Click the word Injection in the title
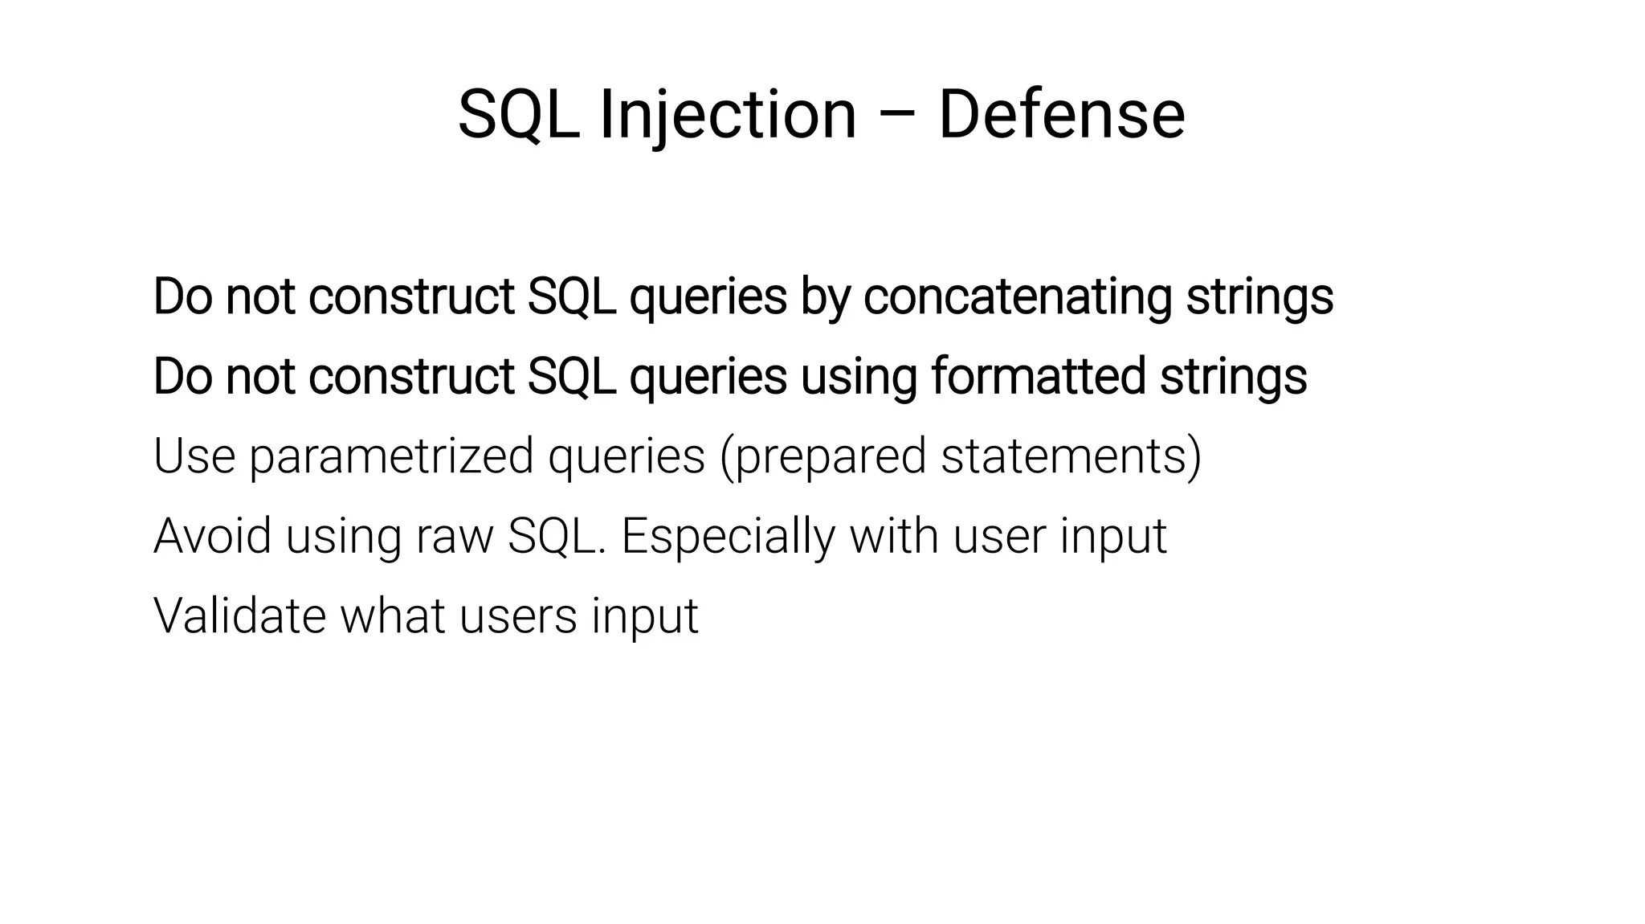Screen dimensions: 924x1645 pyautogui.click(x=728, y=115)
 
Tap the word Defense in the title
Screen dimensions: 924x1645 pyautogui.click(x=1061, y=115)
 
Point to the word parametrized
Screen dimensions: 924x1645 pyautogui.click(x=391, y=456)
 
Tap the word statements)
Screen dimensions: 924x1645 pyautogui.click(x=1071, y=456)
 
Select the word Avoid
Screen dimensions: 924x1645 pyautogui.click(x=212, y=536)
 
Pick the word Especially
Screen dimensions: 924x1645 pyautogui.click(x=728, y=536)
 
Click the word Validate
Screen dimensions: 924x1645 pyautogui.click(x=239, y=615)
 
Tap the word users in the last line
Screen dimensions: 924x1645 pyautogui.click(x=518, y=615)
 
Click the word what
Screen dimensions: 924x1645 pyautogui.click(x=393, y=615)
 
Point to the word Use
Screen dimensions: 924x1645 pyautogui.click(x=194, y=456)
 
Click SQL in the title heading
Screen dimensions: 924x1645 pyautogui.click(x=519, y=115)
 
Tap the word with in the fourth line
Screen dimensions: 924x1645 pyautogui.click(x=893, y=536)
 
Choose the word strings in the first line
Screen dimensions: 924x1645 pyautogui.click(x=1259, y=296)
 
